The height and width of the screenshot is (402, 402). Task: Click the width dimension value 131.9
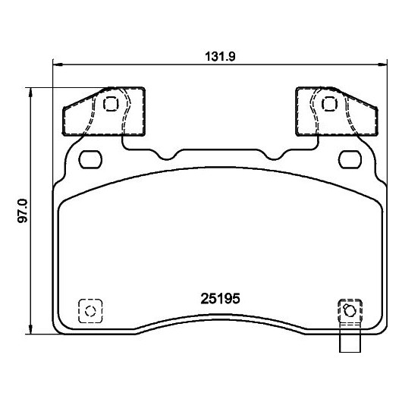(x=220, y=56)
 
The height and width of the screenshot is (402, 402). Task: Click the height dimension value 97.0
(x=22, y=212)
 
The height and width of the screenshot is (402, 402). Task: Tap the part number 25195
(x=220, y=298)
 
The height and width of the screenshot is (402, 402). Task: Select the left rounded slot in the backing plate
(x=90, y=159)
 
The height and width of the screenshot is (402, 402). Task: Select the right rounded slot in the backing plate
(x=350, y=159)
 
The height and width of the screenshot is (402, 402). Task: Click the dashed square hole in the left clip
(x=111, y=104)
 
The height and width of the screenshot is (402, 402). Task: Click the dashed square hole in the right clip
(x=329, y=104)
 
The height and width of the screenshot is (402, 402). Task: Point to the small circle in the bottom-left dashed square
(x=90, y=311)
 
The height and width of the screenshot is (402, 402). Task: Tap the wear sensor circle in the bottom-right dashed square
(x=349, y=311)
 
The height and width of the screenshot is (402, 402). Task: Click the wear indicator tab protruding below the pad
(x=350, y=341)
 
